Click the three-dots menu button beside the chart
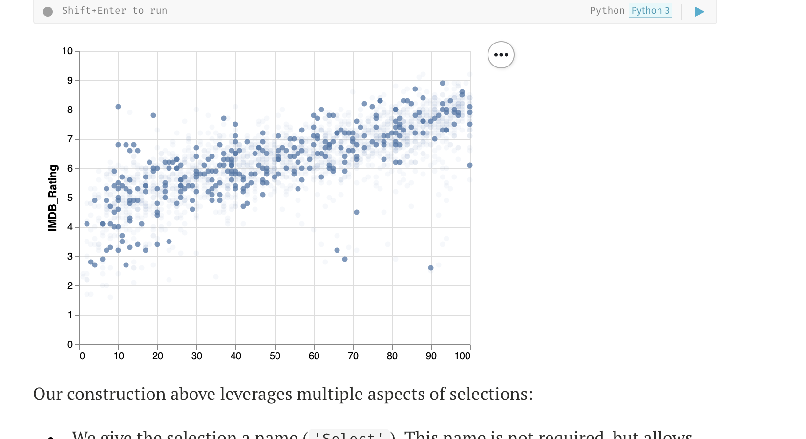click(501, 55)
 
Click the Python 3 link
click(650, 11)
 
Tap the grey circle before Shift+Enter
click(48, 12)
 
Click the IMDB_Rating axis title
click(53, 198)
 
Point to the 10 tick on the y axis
click(67, 51)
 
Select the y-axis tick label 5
click(70, 198)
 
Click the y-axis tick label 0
click(70, 345)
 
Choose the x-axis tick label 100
click(462, 356)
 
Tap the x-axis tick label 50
click(275, 356)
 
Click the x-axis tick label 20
click(158, 356)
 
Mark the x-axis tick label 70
click(353, 356)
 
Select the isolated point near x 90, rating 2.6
click(431, 268)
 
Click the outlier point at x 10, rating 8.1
click(118, 107)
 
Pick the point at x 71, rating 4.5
click(357, 212)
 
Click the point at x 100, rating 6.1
click(470, 165)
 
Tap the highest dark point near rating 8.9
click(443, 83)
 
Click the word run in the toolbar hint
click(159, 11)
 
